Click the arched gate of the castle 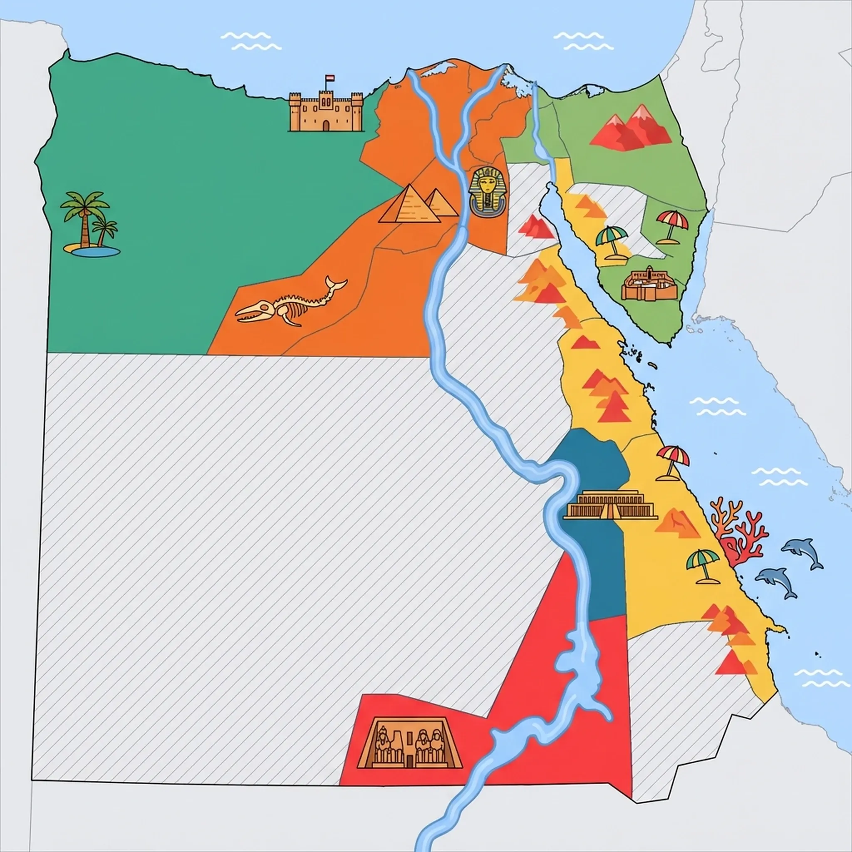325,126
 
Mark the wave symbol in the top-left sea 251,41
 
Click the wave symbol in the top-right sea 583,41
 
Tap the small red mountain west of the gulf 535,227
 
